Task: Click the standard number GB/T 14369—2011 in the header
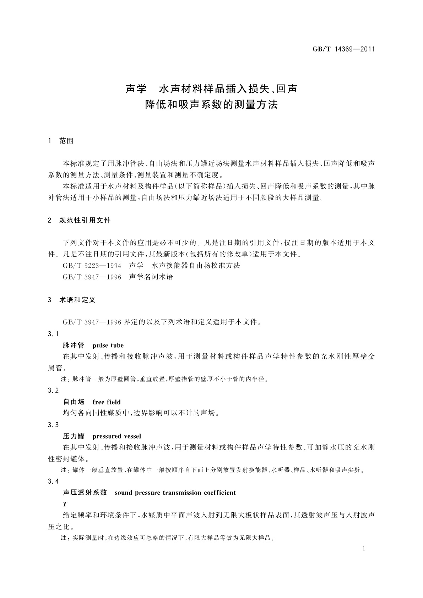[x=343, y=49]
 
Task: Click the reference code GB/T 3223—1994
[x=92, y=266]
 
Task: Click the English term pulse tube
[x=108, y=345]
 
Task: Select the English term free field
[x=107, y=402]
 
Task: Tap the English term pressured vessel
[x=116, y=436]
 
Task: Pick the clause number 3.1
[x=53, y=334]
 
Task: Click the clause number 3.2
[x=53, y=391]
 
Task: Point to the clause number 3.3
[x=53, y=425]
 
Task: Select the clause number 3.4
[x=53, y=482]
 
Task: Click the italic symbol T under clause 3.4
[x=65, y=504]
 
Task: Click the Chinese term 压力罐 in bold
[x=74, y=436]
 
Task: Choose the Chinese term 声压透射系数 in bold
[x=85, y=493]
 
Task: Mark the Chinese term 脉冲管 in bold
[x=74, y=345]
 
